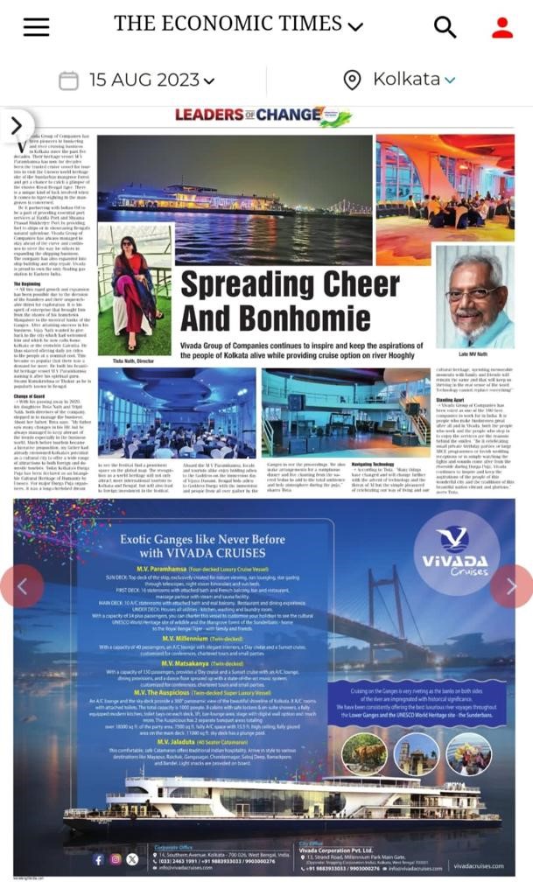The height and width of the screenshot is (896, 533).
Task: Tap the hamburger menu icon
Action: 36,27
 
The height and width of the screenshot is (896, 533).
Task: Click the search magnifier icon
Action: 445,27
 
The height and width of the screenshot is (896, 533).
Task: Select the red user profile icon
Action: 502,27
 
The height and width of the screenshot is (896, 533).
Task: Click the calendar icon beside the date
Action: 68,81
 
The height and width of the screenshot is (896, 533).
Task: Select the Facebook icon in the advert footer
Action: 98,859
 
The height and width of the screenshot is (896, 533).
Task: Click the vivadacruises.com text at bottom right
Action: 479,866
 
